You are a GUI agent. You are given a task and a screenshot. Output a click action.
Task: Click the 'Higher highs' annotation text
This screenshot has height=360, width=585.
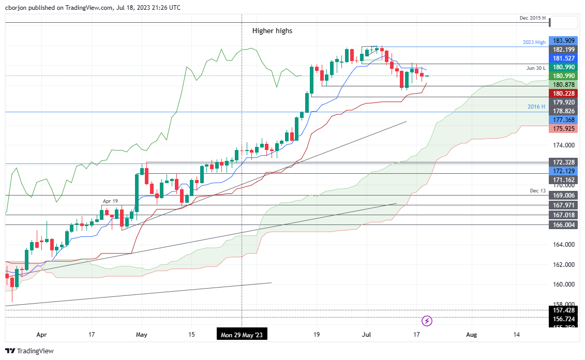(272, 31)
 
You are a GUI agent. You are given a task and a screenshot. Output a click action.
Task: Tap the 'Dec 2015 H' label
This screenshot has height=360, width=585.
(533, 18)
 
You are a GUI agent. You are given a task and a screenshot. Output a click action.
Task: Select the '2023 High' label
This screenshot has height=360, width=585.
(534, 42)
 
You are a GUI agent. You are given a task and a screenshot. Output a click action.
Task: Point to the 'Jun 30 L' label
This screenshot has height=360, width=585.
(535, 68)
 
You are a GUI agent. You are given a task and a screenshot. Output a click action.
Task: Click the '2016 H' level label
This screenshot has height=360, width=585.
(536, 107)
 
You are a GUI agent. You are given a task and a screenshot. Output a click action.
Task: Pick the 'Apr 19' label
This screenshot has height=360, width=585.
(110, 201)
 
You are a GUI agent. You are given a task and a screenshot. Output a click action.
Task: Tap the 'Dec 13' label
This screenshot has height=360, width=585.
(537, 191)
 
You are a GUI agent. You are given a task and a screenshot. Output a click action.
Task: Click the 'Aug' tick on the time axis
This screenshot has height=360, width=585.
(471, 335)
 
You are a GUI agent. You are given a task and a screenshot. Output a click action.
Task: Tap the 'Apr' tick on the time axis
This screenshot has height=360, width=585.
(42, 335)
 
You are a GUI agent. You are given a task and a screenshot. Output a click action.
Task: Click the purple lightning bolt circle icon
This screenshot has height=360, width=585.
(427, 321)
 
